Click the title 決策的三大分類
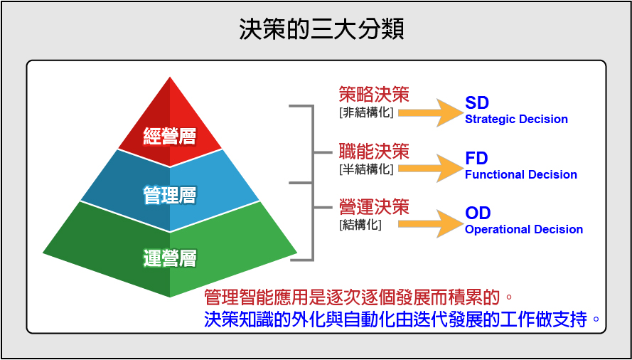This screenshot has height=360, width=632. (321, 30)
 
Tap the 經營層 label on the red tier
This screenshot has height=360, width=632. (170, 137)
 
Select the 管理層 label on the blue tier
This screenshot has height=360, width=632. (170, 196)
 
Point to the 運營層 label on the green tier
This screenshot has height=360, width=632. (170, 259)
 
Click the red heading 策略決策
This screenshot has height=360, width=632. (374, 95)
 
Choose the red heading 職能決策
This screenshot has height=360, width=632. (374, 152)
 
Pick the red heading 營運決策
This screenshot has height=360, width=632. (374, 208)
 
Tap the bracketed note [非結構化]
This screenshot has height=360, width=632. (366, 112)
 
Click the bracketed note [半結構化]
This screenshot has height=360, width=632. (366, 169)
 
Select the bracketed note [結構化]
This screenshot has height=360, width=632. (360, 225)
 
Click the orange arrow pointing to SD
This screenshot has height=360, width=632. (432, 112)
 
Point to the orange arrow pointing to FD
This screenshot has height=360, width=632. (432, 168)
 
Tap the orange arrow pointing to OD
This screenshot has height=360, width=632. (432, 223)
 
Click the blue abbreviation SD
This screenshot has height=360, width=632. (477, 103)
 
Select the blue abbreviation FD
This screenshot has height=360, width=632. (476, 159)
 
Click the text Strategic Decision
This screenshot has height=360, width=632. (516, 120)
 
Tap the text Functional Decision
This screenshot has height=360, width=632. (521, 175)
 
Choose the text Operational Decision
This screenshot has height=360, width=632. (524, 230)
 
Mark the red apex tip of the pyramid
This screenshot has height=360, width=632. (170, 78)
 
